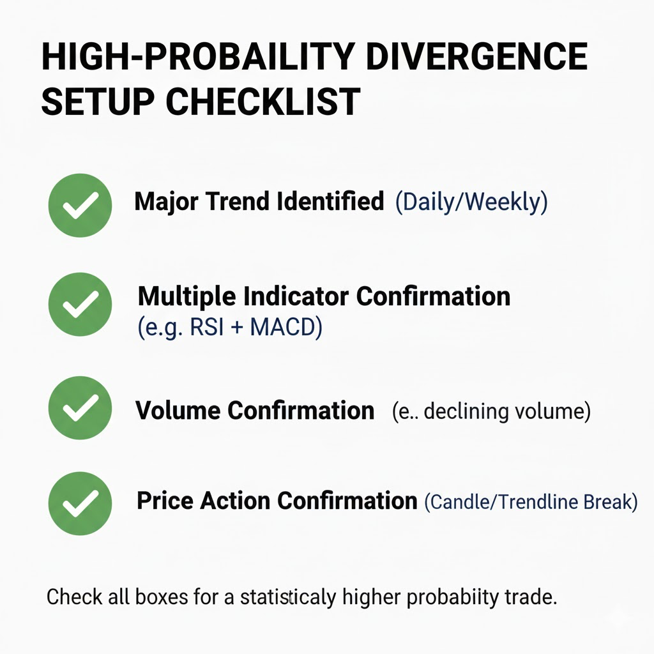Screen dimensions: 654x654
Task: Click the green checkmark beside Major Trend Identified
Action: pos(80,205)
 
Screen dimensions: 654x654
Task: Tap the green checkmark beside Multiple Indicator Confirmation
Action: pos(80,304)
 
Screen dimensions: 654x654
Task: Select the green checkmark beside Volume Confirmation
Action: pos(80,407)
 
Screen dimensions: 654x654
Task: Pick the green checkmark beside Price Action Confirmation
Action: pos(80,503)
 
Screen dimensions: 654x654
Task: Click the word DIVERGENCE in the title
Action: pos(476,56)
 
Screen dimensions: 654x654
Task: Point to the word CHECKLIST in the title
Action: pos(263,102)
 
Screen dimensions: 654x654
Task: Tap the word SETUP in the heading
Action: pos(98,102)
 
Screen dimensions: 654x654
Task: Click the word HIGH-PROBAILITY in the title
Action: pos(198,56)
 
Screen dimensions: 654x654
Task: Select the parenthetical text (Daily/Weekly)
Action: pos(471,202)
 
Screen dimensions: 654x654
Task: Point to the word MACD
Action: pos(286,327)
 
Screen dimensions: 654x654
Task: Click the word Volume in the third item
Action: pos(178,411)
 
